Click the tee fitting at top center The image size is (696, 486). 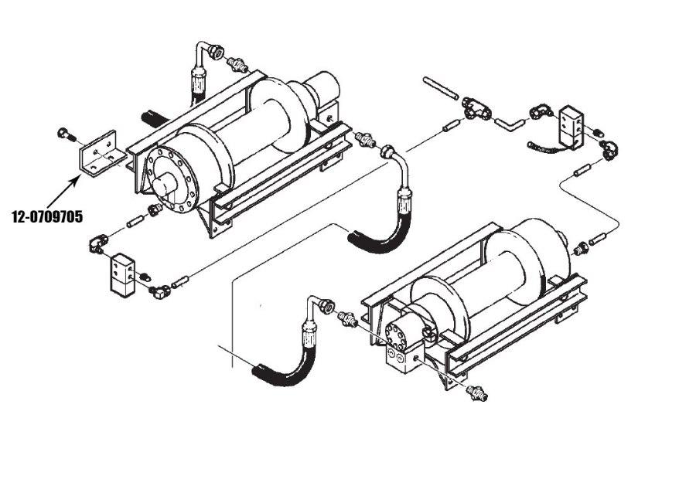click(475, 109)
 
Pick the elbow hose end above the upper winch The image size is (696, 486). click(210, 53)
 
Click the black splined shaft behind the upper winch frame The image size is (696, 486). click(154, 118)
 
